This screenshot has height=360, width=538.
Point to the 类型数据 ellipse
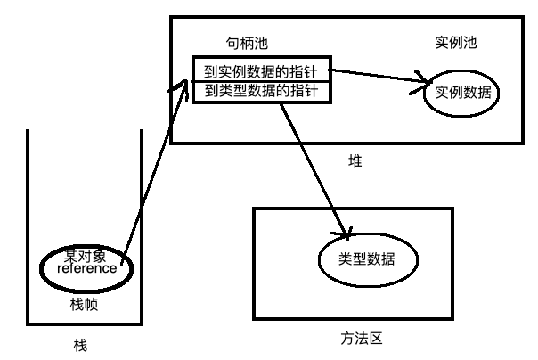pyautogui.click(x=368, y=259)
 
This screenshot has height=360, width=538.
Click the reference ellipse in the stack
pyautogui.click(x=87, y=265)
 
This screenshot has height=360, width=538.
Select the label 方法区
pyautogui.click(x=354, y=338)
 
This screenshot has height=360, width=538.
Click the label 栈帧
pyautogui.click(x=86, y=304)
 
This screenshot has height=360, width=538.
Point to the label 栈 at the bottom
pyautogui.click(x=81, y=343)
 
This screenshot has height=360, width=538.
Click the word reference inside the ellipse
pyautogui.click(x=87, y=268)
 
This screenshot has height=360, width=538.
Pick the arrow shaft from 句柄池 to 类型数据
pyautogui.click(x=312, y=165)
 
